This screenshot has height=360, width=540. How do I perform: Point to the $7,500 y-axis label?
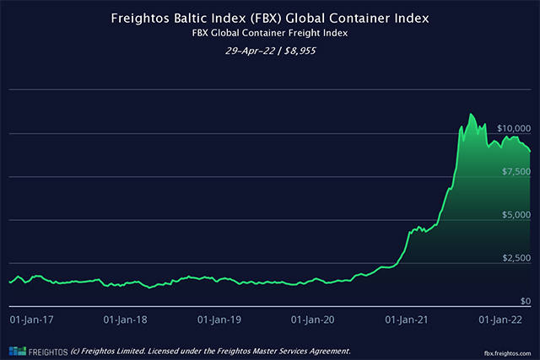514,171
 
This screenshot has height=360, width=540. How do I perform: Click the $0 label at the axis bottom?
524,301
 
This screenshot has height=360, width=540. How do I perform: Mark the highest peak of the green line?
471,113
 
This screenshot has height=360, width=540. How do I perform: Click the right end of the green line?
530,151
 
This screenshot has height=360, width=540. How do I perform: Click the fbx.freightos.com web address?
508,351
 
